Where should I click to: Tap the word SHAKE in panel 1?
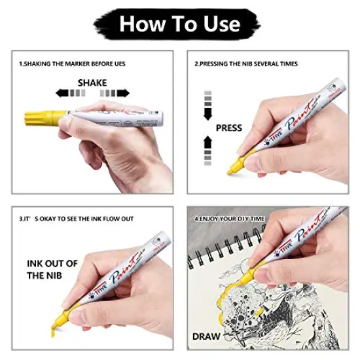pos(92,83)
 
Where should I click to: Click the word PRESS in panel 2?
pos(228,128)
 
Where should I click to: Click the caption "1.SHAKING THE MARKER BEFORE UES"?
pos(72,63)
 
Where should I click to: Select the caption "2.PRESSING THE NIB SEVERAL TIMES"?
pos(245,63)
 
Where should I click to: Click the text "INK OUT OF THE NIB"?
pos(52,269)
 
